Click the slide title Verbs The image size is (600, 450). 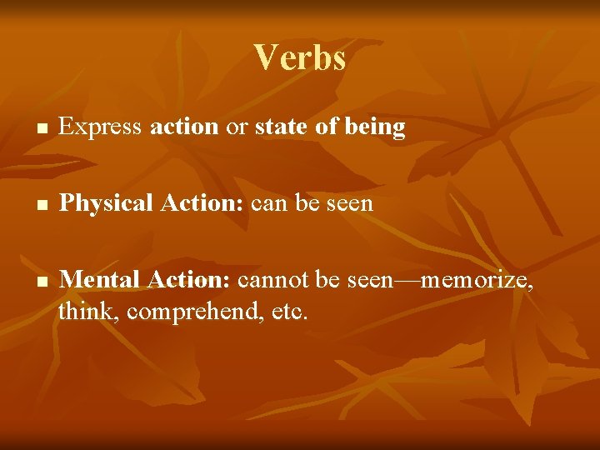click(300, 57)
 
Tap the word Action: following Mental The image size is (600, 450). click(189, 279)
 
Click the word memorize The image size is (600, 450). click(477, 280)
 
